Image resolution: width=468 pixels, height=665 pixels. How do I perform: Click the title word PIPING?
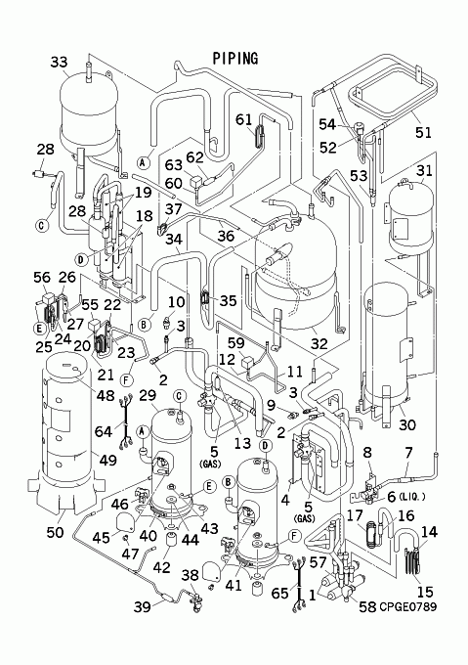point(235,59)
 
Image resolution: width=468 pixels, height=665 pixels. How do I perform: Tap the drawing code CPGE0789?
point(407,607)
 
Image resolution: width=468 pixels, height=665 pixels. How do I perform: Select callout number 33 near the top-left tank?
point(59,62)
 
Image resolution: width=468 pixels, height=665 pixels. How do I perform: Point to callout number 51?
point(423,132)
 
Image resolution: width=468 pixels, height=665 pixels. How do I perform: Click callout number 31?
point(424,170)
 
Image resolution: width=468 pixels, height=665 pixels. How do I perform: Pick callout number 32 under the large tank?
point(319,343)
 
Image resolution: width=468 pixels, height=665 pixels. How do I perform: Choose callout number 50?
point(55,532)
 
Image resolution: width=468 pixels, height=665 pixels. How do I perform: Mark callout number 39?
point(143,607)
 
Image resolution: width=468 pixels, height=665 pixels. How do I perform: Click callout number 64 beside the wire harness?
point(104,431)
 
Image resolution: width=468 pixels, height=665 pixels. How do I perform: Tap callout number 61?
point(244,120)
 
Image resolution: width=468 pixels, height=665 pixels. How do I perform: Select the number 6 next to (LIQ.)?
point(392,496)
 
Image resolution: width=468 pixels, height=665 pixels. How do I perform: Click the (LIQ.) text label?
point(411,497)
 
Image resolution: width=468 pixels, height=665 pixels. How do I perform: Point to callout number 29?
point(148,395)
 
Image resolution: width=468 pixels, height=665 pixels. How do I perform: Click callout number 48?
point(106,395)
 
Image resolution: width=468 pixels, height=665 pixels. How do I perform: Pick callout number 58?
point(367,607)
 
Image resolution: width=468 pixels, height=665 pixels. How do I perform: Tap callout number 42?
point(162,567)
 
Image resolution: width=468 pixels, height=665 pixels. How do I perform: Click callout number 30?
point(407,424)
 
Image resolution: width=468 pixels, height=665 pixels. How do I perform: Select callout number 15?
point(425,592)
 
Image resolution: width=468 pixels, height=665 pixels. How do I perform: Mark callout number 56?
point(42,278)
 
